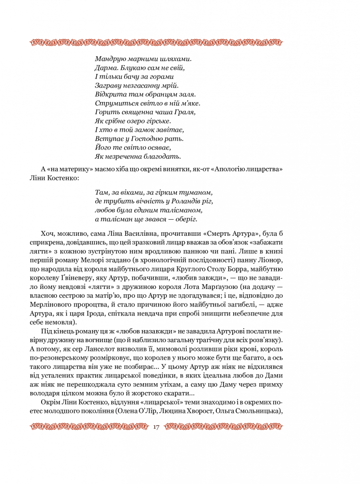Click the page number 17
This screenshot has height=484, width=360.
(x=156, y=427)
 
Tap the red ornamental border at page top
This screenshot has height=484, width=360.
(x=155, y=43)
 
